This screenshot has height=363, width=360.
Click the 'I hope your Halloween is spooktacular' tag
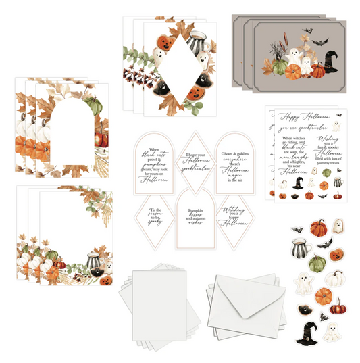pyautogui.click(x=194, y=162)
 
